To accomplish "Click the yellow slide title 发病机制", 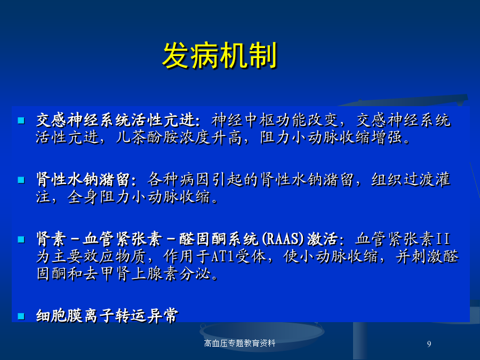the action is (x=220, y=55).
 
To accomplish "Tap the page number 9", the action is (x=429, y=344).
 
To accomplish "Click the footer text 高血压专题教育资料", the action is (x=239, y=343).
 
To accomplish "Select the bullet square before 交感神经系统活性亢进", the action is (x=21, y=121).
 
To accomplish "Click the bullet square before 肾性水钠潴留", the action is (x=21, y=180).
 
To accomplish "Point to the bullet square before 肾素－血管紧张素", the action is (x=21, y=239).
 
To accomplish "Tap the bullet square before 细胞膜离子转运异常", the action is (x=21, y=316).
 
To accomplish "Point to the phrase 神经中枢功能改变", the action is (x=275, y=119).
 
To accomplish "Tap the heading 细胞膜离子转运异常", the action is (x=107, y=316).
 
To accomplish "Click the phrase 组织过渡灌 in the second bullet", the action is (x=411, y=179).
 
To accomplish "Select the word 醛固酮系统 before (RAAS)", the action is (x=219, y=239).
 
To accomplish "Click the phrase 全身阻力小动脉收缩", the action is (x=139, y=197).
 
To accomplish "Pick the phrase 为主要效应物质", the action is (x=91, y=256).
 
